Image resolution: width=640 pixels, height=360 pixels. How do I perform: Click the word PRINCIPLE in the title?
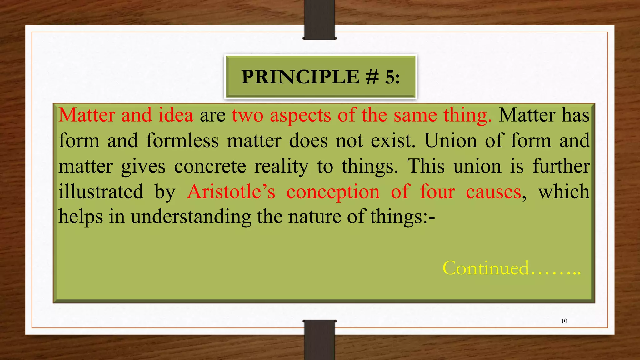tap(300, 77)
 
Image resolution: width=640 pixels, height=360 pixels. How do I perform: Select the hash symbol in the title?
tap(372, 77)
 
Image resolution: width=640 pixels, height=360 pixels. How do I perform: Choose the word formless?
tap(182, 141)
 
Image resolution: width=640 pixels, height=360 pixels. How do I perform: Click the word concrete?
tap(210, 166)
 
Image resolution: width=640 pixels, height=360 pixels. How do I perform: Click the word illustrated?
tap(101, 192)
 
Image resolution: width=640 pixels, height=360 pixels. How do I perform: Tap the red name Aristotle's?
tap(231, 192)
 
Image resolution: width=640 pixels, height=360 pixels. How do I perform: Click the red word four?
tap(437, 192)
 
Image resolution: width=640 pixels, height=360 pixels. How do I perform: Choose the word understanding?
tap(191, 217)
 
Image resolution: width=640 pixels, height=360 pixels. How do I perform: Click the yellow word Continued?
tap(486, 268)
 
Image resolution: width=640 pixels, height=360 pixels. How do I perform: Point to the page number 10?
tap(564, 321)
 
